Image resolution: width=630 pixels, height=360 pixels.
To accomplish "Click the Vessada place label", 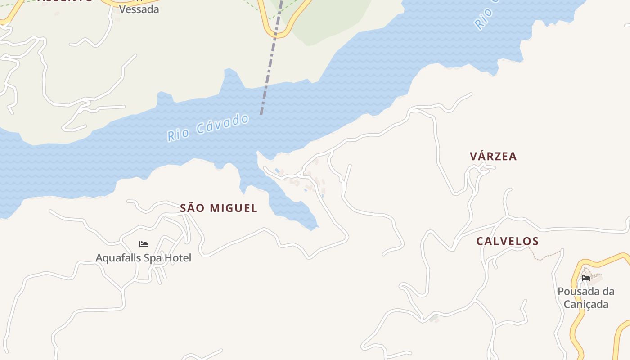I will [x=139, y=9].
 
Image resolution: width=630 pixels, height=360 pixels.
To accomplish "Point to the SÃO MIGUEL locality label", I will [x=219, y=208].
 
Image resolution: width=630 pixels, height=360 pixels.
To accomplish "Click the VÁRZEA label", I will [x=493, y=157].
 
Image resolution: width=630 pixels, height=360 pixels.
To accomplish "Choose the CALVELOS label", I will [x=508, y=241].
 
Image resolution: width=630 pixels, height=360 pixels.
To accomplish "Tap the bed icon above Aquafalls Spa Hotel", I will [x=144, y=244].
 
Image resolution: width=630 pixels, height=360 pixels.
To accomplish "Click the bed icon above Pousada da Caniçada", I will [x=586, y=278].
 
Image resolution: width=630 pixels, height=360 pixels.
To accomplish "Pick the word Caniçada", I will [x=586, y=304].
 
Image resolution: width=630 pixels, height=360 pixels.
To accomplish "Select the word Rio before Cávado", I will [x=177, y=135].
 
